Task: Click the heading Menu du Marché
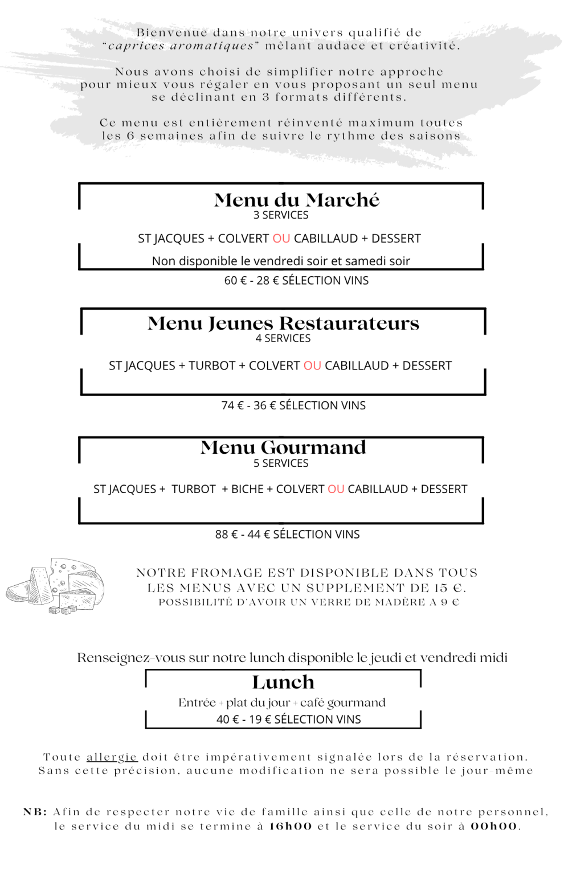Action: (x=296, y=200)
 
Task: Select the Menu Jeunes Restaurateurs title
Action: (x=283, y=323)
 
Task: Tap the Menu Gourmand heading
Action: (x=283, y=447)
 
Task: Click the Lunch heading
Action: (x=283, y=682)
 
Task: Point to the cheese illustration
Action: (x=56, y=586)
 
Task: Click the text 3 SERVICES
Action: (x=281, y=215)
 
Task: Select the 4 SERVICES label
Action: (x=283, y=339)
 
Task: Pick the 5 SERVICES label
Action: (x=281, y=463)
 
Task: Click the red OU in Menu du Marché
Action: (x=281, y=239)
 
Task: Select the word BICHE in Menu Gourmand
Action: (x=247, y=489)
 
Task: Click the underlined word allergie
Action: (x=112, y=757)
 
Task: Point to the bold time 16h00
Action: (x=291, y=826)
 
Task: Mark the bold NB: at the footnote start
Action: (x=35, y=812)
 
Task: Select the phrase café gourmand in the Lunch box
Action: (x=343, y=702)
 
